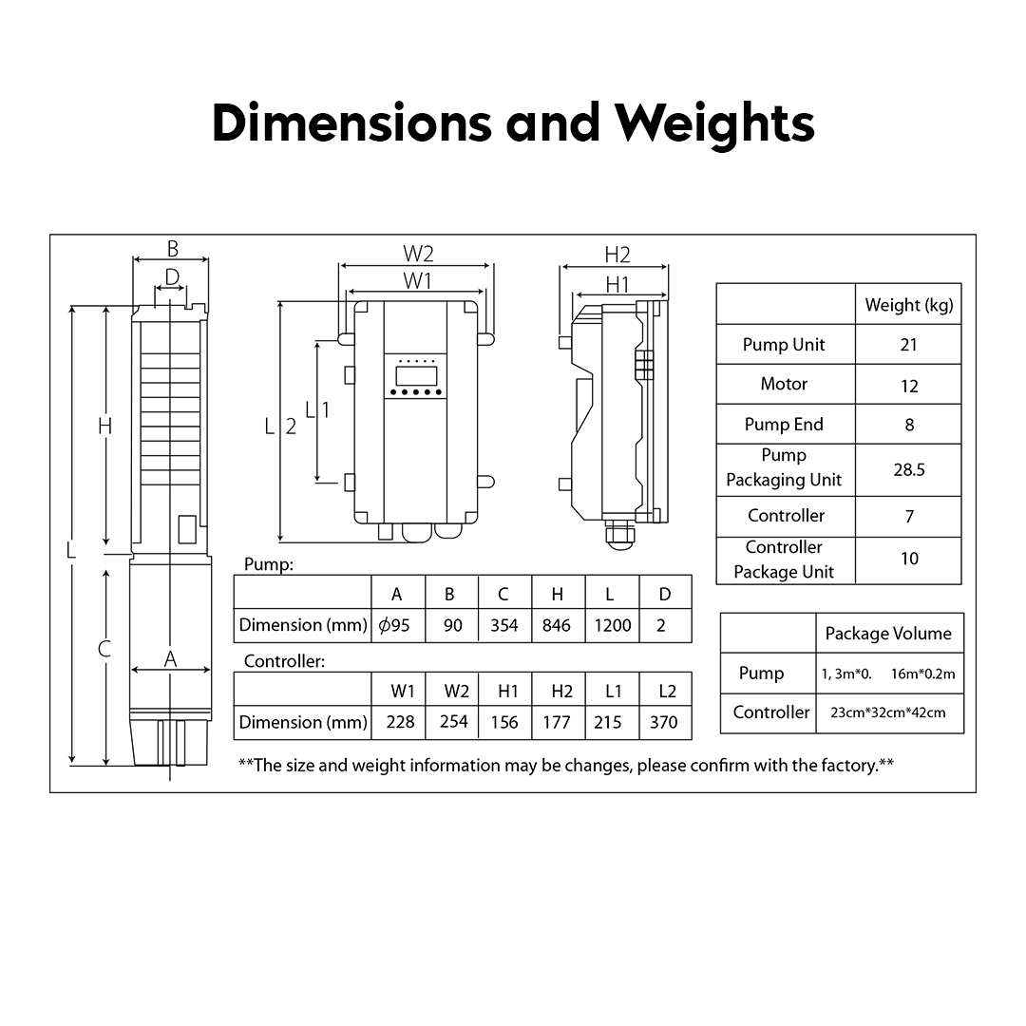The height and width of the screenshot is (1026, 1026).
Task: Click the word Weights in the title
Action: [x=714, y=123]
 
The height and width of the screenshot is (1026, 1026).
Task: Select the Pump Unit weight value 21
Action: [x=908, y=345]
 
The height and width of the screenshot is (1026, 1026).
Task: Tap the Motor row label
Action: [x=784, y=384]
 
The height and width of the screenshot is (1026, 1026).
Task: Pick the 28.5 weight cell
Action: [x=908, y=469]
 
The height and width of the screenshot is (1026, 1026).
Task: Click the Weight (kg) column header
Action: [x=908, y=305]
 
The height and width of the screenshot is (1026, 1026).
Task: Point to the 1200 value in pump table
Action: [x=611, y=625]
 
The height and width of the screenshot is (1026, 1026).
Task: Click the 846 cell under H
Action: [x=557, y=625]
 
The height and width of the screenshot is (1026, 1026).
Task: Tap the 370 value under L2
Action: [x=664, y=722]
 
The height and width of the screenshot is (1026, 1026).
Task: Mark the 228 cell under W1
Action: [x=400, y=722]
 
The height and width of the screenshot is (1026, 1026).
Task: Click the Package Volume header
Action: [x=887, y=634]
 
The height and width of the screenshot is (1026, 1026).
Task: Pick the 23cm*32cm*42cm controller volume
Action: [x=887, y=712]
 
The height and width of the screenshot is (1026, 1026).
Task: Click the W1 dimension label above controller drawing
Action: [x=417, y=280]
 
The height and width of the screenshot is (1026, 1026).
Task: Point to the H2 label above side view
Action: [x=617, y=255]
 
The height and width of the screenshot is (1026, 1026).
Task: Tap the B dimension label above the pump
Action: [x=172, y=249]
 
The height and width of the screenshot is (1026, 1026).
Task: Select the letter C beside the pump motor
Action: [x=104, y=650]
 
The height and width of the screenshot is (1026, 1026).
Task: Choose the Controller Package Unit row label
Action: [x=784, y=560]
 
